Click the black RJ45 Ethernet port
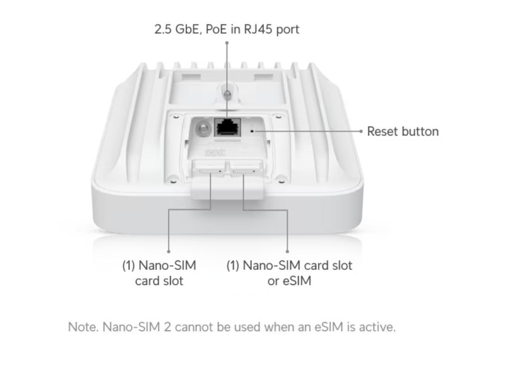coord(227,128)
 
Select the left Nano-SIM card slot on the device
coord(210,168)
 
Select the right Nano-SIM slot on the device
coord(243,168)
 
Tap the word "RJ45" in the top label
coord(257,29)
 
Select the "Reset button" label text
coord(403,132)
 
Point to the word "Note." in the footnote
coord(82,327)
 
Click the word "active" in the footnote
coord(375,327)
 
